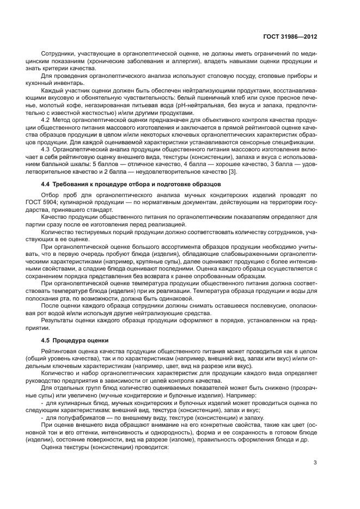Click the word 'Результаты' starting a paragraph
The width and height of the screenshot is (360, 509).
click(x=58, y=322)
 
